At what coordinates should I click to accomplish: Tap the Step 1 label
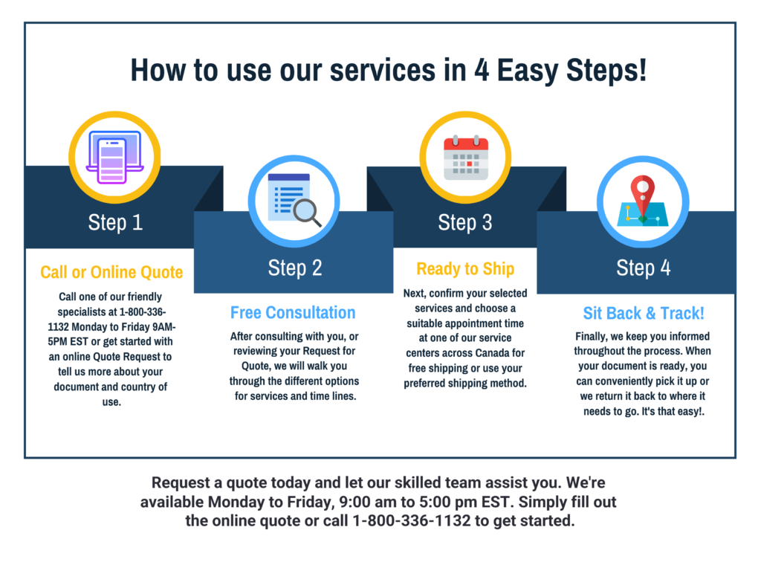pyautogui.click(x=115, y=222)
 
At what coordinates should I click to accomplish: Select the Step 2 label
pyautogui.click(x=295, y=268)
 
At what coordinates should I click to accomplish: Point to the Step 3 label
pyautogui.click(x=465, y=222)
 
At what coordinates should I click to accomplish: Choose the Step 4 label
pyautogui.click(x=643, y=268)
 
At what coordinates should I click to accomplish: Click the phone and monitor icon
pyautogui.click(x=114, y=157)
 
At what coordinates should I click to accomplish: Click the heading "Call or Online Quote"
pyautogui.click(x=111, y=272)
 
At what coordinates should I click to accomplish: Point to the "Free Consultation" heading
pyautogui.click(x=293, y=312)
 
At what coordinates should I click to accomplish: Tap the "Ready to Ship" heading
pyautogui.click(x=465, y=268)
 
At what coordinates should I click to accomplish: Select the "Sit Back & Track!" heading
pyautogui.click(x=643, y=312)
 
